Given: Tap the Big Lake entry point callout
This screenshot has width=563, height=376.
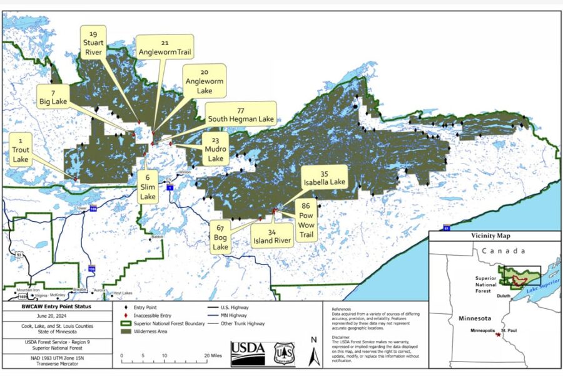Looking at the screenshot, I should pyautogui.click(x=53, y=95).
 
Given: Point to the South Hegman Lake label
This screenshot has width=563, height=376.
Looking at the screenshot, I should pyautogui.click(x=241, y=115).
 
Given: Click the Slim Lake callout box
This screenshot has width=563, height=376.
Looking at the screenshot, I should pyautogui.click(x=148, y=186).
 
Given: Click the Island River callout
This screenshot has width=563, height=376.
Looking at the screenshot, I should pyautogui.click(x=271, y=238).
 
